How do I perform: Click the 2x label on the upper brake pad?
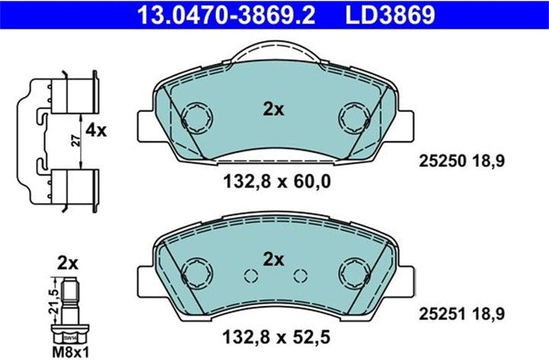273,110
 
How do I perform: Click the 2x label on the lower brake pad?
273,259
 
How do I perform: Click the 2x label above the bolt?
67,264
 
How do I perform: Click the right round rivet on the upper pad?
354,117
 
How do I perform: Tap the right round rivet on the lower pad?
354,270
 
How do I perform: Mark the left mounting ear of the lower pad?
147,278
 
